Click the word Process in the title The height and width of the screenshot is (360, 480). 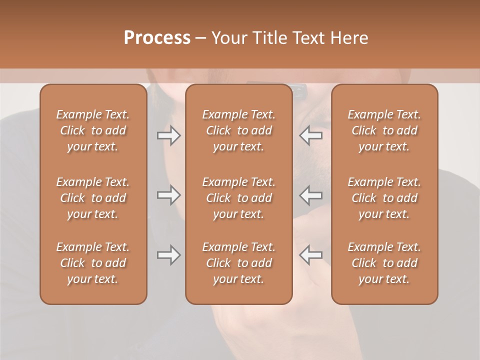(157, 38)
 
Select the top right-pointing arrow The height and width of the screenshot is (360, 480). (169, 135)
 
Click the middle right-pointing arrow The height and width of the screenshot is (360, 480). (169, 195)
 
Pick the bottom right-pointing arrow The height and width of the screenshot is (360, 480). (169, 255)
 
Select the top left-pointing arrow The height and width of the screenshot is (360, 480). (311, 135)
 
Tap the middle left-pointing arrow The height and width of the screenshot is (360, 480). (311, 195)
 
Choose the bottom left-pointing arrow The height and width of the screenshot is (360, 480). (311, 255)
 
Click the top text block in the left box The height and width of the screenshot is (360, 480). (93, 130)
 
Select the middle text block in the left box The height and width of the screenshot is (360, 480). (93, 198)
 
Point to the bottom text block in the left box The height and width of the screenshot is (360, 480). (93, 263)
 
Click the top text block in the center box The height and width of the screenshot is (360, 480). (238, 130)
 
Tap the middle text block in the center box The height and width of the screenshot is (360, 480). (238, 198)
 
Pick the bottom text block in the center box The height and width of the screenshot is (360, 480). (238, 263)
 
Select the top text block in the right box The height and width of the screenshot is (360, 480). (384, 130)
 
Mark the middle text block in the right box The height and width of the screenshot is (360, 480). (384, 198)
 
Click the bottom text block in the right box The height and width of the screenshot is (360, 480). (384, 263)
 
